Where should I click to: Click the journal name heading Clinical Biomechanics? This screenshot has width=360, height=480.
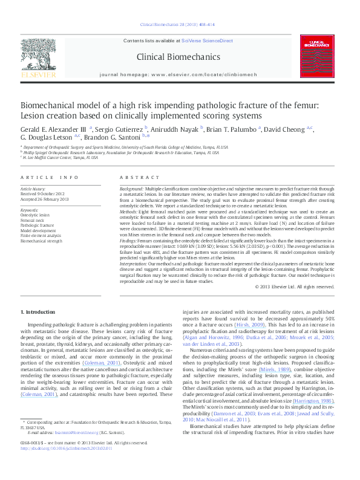point(178,57)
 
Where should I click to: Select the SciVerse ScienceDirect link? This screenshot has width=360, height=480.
point(208,41)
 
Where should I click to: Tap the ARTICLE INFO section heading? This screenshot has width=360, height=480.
point(50,177)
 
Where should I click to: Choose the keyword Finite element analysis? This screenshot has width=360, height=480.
point(41,235)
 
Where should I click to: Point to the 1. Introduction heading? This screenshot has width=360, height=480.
point(38,311)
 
